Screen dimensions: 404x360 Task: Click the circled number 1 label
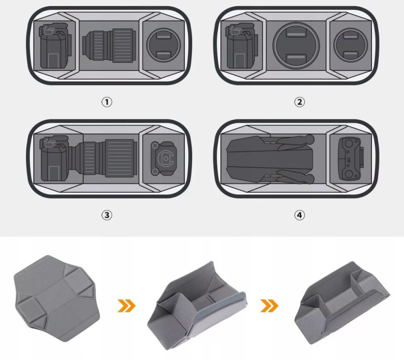107,102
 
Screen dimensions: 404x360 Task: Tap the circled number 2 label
299,102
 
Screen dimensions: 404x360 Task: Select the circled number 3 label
107,215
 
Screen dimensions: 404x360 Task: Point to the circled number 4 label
299,215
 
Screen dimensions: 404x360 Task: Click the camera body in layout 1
55,46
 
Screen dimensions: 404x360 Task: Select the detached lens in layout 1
109,45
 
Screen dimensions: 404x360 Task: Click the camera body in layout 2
242,46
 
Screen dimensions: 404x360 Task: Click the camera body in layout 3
54,158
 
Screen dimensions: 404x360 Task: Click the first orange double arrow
126,306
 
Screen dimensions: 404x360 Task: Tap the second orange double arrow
269,306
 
